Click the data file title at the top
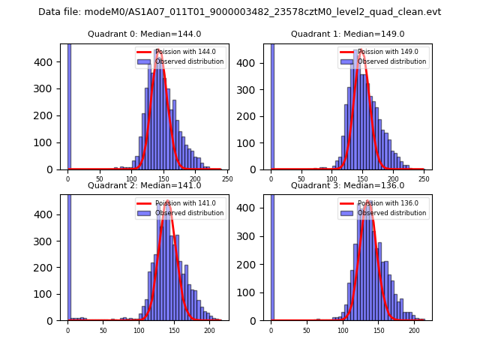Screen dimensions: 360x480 [239, 12]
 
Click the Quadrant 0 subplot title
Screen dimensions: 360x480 [144, 34]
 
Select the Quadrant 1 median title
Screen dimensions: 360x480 [347, 34]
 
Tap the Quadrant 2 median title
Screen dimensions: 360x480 [144, 185]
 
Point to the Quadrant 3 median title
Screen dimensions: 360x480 [347, 185]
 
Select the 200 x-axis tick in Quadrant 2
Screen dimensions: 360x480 [209, 329]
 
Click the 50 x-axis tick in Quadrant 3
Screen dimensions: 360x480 [307, 329]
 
